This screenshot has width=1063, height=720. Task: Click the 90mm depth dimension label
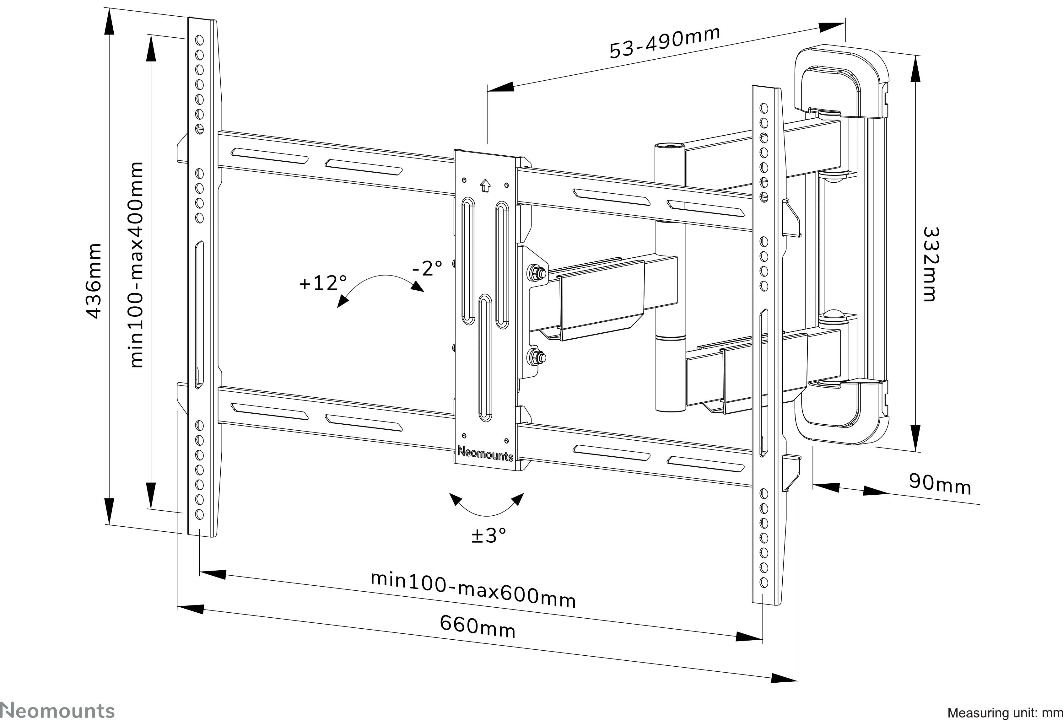(x=940, y=485)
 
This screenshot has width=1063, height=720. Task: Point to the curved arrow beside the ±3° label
(x=487, y=506)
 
